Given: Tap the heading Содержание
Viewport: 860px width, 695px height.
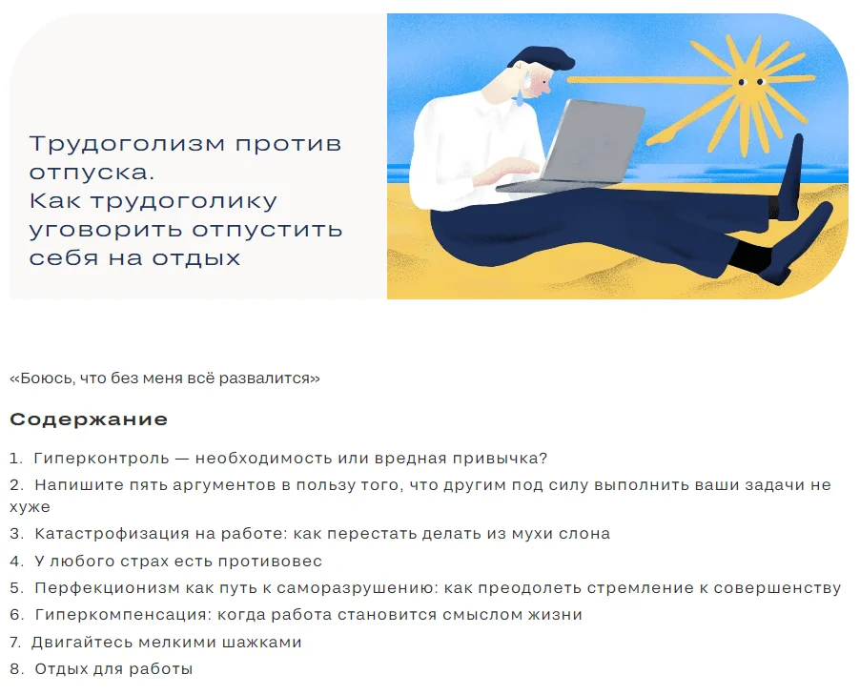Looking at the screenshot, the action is tap(89, 419).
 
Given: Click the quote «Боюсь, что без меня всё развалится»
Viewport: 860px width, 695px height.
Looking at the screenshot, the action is tap(165, 378).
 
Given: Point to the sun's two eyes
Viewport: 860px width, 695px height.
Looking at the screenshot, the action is tap(751, 82).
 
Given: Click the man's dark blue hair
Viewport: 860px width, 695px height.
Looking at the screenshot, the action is tap(544, 58).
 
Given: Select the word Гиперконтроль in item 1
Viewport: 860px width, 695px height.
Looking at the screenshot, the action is tap(101, 458).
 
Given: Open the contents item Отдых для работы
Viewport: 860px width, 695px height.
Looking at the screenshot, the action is tap(113, 669).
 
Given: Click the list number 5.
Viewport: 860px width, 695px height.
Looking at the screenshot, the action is tap(16, 588).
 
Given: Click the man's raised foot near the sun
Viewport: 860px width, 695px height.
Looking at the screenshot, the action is tap(791, 175).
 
